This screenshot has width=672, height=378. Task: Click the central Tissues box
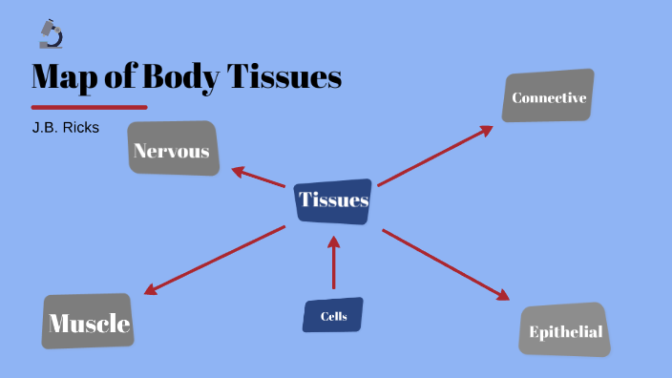tap(333, 200)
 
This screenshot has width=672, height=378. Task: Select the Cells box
tap(333, 315)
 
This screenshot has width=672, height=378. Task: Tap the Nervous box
tap(173, 149)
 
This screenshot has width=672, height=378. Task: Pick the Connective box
tap(548, 96)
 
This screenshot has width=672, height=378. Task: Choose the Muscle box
tap(88, 323)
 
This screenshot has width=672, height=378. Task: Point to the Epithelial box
tap(565, 330)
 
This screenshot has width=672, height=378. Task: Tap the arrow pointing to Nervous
tap(258, 178)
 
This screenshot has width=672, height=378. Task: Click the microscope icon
tap(51, 34)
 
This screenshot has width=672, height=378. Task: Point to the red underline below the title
tap(89, 107)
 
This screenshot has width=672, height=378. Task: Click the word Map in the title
tap(65, 77)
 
